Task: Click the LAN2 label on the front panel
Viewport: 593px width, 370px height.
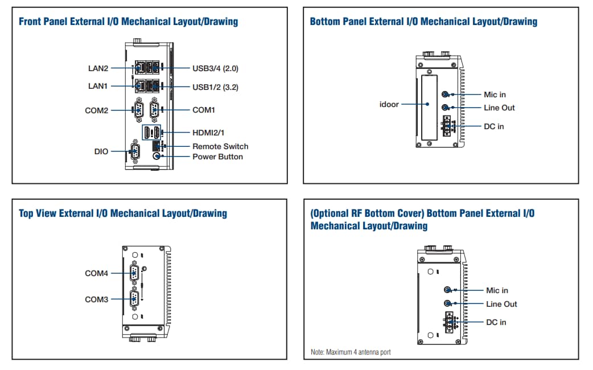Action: (98, 68)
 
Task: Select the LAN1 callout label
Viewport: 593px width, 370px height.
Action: (98, 86)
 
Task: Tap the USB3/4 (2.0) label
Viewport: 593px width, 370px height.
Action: (215, 68)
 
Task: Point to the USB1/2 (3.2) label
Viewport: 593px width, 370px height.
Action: (215, 87)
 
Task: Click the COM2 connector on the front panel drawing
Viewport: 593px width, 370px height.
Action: (138, 110)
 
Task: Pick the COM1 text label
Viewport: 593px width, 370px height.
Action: (204, 110)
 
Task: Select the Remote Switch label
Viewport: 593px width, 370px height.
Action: (220, 146)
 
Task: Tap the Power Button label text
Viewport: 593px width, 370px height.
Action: (217, 157)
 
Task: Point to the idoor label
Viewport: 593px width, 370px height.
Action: (389, 104)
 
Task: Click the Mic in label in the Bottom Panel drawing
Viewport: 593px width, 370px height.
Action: (495, 94)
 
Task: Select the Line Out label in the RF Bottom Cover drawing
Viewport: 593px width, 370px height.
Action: (501, 304)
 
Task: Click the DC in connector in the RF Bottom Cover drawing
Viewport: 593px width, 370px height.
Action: (450, 322)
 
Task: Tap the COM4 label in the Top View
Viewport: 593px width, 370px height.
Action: (96, 273)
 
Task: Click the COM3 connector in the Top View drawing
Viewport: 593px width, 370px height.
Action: (134, 299)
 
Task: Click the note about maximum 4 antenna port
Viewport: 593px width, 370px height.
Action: (351, 352)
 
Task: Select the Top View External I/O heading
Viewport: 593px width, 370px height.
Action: (123, 213)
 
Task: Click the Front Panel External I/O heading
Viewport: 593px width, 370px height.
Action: (129, 22)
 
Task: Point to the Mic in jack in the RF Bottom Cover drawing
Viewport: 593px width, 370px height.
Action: (448, 290)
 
